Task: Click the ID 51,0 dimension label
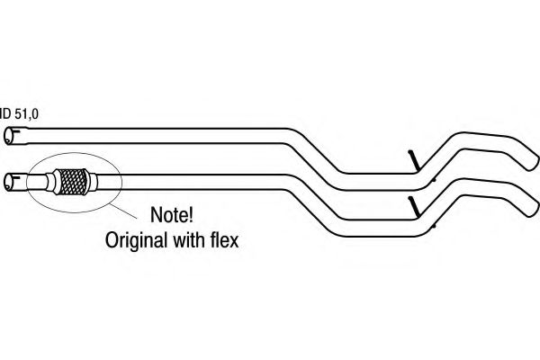[x=19, y=113]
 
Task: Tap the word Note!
[x=172, y=214]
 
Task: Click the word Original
[x=136, y=240]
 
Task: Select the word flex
[x=224, y=239]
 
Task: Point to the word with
[x=188, y=239]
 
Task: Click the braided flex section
[x=73, y=182]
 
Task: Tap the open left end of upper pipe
[x=9, y=136]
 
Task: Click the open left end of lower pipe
[x=9, y=182]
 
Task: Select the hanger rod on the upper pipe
[x=414, y=160]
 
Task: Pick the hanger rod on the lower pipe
[x=414, y=206]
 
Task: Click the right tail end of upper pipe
[x=532, y=162]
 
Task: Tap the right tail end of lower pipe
[x=532, y=209]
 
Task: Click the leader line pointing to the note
[x=122, y=211]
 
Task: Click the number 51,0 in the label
[x=26, y=113]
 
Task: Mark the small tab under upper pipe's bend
[x=435, y=179]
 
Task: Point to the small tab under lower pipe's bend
[x=435, y=226]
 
